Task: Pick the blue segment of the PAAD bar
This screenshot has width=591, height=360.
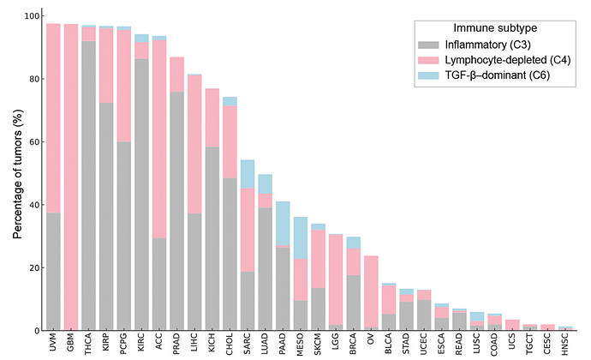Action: tap(283, 224)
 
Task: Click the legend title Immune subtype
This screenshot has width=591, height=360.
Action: tap(498, 27)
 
